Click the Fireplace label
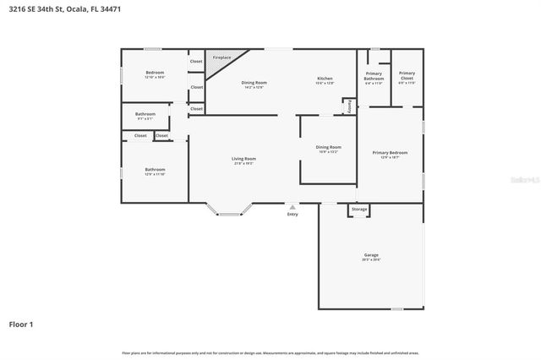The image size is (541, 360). click(x=221, y=57)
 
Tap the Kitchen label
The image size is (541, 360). click(x=325, y=79)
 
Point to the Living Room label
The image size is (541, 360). click(x=244, y=159)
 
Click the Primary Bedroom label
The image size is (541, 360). click(x=390, y=153)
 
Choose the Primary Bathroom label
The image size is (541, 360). click(x=373, y=76)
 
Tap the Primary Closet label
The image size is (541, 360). click(x=407, y=74)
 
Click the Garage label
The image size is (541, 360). click(x=370, y=254)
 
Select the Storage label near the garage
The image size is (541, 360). click(x=359, y=209)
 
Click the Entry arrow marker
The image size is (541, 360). click(x=292, y=205)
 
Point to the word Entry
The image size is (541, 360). click(x=292, y=214)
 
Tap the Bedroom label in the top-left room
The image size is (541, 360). click(x=155, y=73)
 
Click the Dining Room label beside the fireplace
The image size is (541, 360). click(x=254, y=83)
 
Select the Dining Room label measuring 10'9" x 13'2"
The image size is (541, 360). click(x=329, y=147)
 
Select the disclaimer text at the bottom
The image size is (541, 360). click(x=270, y=352)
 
